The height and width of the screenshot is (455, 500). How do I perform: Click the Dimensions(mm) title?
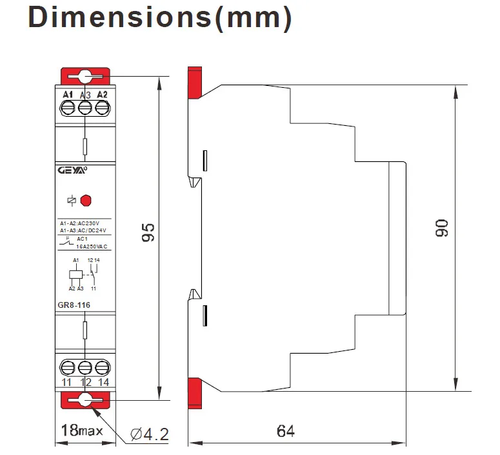(160, 18)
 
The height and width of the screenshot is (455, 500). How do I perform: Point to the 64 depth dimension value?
(286, 430)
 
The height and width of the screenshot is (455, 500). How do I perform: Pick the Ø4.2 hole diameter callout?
(149, 434)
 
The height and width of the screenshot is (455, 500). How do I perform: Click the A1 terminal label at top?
(68, 96)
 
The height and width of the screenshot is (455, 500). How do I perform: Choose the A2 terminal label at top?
(101, 96)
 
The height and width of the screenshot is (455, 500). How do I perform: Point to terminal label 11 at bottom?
(67, 383)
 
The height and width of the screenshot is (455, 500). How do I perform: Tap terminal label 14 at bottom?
(101, 383)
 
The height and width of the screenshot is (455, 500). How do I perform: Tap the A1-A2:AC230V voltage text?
(84, 223)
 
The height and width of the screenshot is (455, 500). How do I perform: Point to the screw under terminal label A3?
(85, 108)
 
